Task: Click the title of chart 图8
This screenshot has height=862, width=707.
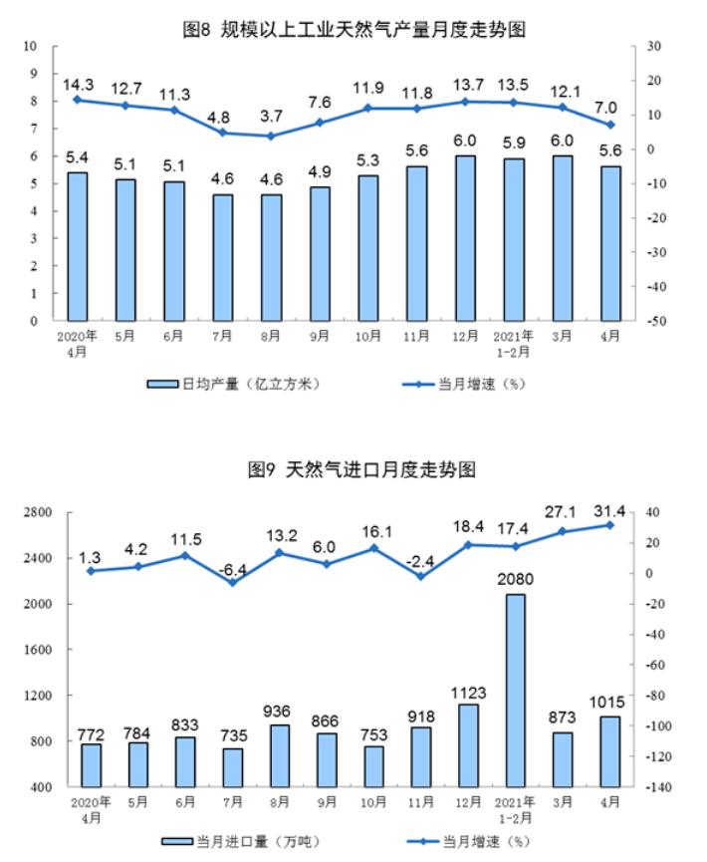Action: tap(353, 30)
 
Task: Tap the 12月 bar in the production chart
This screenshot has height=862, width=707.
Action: tap(466, 238)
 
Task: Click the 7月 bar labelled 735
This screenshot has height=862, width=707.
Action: tap(232, 767)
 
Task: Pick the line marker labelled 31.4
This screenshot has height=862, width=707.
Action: tap(609, 525)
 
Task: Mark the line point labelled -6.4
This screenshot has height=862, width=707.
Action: tap(232, 582)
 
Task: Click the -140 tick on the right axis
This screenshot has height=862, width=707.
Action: tap(655, 787)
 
